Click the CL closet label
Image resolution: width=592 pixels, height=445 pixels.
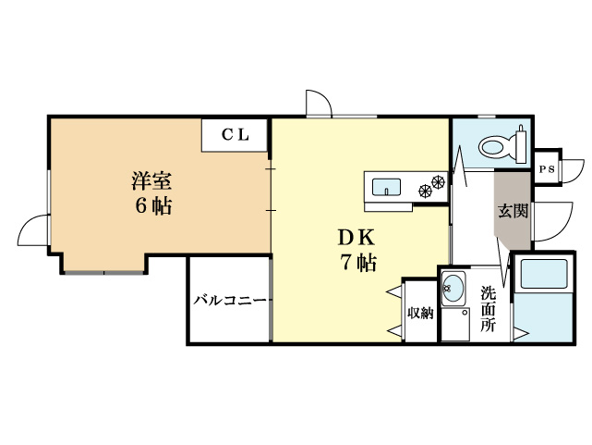coord(235,134)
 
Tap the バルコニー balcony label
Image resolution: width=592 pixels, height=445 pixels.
coord(230,301)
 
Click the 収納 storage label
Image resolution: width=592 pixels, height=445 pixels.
coord(420,313)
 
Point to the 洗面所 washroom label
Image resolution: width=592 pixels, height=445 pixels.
coord(488,309)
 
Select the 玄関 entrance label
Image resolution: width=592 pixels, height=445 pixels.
coord(513,210)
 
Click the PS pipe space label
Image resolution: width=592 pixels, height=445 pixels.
coord(547,169)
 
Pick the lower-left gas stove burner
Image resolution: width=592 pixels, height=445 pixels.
coord(426,192)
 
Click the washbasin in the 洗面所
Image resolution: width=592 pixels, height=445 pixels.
coord(453,288)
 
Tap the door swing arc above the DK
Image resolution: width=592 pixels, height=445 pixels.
coord(318,103)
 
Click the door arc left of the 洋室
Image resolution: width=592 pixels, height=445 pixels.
coord(34,229)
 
